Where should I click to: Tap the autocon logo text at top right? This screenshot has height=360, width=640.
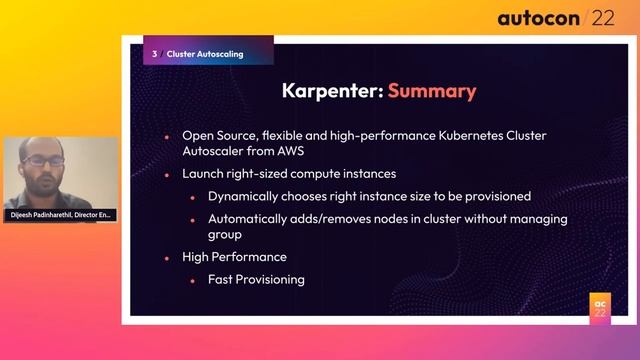click(x=540, y=18)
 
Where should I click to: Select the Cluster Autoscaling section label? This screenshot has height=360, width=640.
click(x=205, y=54)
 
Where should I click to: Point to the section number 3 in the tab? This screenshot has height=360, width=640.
click(x=154, y=54)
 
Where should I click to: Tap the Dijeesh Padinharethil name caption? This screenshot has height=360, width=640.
click(x=60, y=215)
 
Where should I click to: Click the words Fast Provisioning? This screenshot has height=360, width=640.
click(x=256, y=279)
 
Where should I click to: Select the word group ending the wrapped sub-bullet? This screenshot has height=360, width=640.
click(x=225, y=235)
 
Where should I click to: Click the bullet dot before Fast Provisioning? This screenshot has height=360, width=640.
click(x=194, y=280)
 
